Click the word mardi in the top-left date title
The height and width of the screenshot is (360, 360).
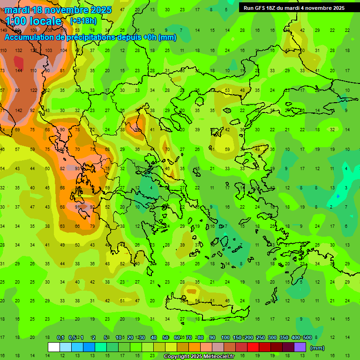(17, 10)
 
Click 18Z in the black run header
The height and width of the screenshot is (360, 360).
(270, 8)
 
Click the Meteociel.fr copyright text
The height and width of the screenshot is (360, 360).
(199, 357)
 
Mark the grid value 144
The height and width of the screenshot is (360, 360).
(19, 70)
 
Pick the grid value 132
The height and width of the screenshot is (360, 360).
(19, 50)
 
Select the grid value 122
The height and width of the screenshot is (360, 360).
(34, 90)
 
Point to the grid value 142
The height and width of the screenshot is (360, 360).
(19, 110)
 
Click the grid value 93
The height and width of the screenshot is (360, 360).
(78, 168)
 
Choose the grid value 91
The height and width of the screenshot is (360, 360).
(78, 207)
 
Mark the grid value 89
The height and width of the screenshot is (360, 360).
(17, 90)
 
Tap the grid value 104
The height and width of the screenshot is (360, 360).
(63, 50)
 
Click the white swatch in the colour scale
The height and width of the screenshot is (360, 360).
(54, 347)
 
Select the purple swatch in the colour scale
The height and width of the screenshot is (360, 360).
(300, 347)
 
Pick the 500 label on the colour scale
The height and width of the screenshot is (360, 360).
(307, 338)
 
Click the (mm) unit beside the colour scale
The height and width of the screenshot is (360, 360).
(317, 348)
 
